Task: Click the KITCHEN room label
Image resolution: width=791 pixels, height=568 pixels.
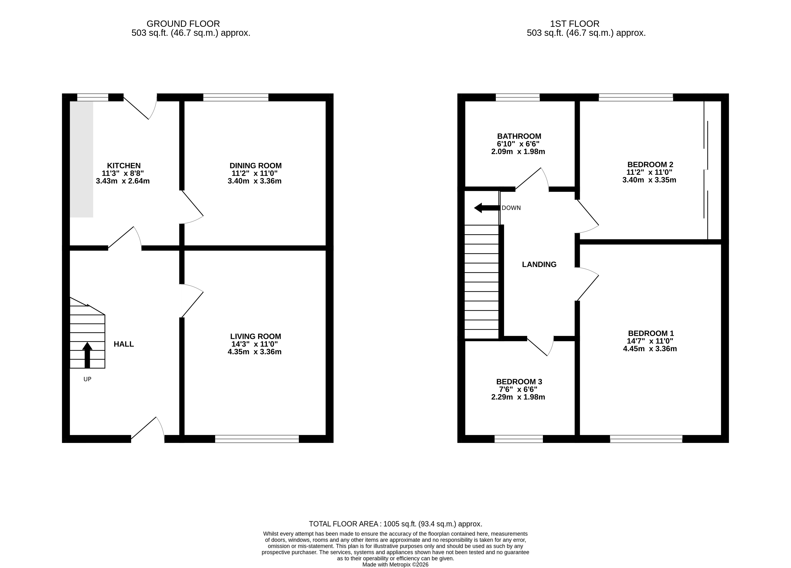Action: coord(124,166)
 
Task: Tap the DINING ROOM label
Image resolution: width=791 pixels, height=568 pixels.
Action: coord(256,166)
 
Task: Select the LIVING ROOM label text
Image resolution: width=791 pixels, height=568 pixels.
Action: coord(256,336)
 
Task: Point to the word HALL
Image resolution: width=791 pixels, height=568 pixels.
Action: coord(124,344)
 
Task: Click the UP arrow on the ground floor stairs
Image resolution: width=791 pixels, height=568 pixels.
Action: coord(87,355)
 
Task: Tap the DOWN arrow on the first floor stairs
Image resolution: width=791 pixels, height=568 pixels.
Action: coord(487,208)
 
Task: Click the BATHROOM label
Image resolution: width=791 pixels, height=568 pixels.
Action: coord(519,137)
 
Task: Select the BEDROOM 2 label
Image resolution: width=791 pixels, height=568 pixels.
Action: coord(650,164)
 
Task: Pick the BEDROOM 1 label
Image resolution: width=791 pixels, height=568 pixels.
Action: coord(651,333)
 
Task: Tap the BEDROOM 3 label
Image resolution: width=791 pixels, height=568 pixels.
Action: coord(519,382)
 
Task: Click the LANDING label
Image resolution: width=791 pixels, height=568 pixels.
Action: coord(539,265)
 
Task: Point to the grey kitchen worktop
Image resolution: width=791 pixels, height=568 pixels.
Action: coord(82,159)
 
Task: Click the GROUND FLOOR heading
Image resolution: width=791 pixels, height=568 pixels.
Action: coord(183,24)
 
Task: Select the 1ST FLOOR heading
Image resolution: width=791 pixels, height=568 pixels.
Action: coord(575,24)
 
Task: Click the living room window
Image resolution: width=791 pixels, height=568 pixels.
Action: coord(257,439)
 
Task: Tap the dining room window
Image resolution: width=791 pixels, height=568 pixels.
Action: coord(236,97)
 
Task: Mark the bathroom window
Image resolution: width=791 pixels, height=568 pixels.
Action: coord(518,97)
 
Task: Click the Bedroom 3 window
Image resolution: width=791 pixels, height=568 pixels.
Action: coord(519,439)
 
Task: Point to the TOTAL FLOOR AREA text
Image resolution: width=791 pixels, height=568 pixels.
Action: coord(396,524)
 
